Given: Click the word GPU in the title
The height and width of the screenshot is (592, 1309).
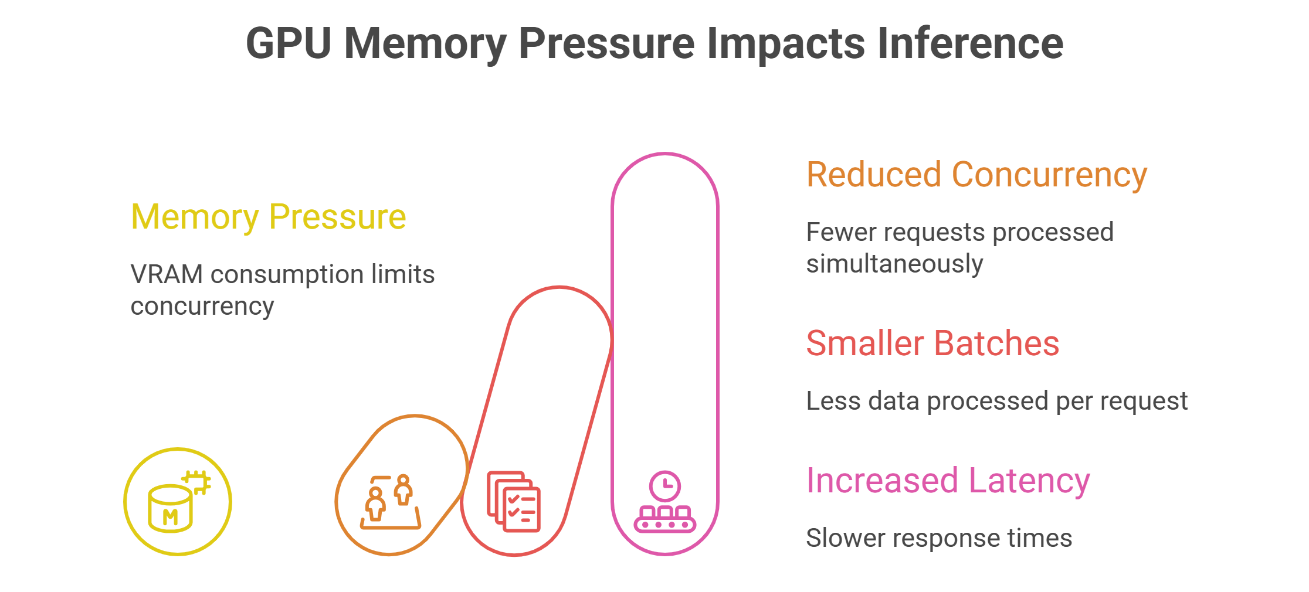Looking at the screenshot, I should pyautogui.click(x=289, y=43).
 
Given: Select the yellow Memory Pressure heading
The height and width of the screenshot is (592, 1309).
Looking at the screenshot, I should pyautogui.click(x=268, y=217).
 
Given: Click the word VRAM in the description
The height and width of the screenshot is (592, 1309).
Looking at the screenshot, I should pyautogui.click(x=166, y=274).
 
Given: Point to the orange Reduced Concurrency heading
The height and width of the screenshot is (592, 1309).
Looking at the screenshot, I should pyautogui.click(x=976, y=175).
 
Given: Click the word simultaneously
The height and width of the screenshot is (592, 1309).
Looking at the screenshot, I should pyautogui.click(x=894, y=264).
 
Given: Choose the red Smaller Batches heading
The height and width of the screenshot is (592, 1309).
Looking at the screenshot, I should pyautogui.click(x=932, y=343).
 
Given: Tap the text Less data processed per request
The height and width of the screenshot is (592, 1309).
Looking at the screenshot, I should pyautogui.click(x=996, y=402).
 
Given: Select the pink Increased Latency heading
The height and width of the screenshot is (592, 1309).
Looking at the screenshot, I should pyautogui.click(x=948, y=481).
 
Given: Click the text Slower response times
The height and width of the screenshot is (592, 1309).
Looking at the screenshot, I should pyautogui.click(x=939, y=538).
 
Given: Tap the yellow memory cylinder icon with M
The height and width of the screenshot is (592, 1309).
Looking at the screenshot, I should pyautogui.click(x=170, y=508).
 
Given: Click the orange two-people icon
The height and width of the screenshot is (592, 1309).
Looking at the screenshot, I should pyautogui.click(x=390, y=502).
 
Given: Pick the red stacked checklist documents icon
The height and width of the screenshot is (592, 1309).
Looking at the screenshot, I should pyautogui.click(x=514, y=502).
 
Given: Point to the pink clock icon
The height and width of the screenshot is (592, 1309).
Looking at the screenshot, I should pyautogui.click(x=665, y=486).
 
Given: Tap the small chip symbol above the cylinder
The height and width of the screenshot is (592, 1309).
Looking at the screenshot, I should pyautogui.click(x=196, y=482).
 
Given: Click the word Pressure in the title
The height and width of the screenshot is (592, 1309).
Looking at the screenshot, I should pyautogui.click(x=606, y=43).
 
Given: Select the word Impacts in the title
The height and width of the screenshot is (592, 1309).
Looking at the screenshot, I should pyautogui.click(x=785, y=43).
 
